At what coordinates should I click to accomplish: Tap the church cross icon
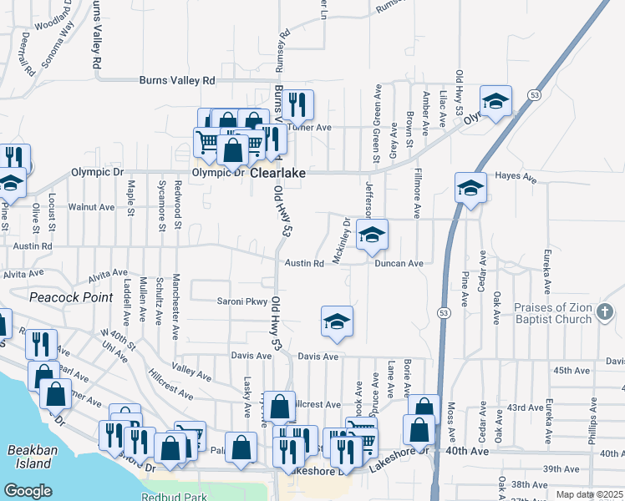click(x=606, y=313)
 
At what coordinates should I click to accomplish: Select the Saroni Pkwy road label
click(x=241, y=301)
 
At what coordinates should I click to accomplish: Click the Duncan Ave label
click(x=399, y=263)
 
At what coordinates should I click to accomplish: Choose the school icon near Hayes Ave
click(x=470, y=188)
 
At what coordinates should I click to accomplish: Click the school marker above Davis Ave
click(x=337, y=321)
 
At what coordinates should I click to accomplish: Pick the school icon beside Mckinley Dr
click(x=372, y=235)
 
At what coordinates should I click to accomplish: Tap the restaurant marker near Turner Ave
click(x=297, y=104)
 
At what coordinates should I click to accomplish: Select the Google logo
click(x=28, y=491)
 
